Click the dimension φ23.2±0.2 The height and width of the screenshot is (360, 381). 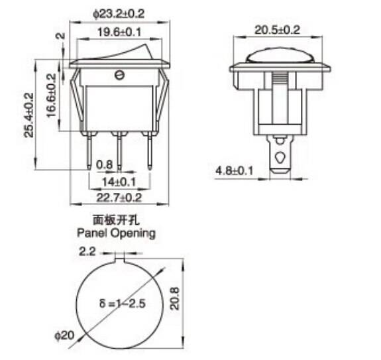click(120, 11)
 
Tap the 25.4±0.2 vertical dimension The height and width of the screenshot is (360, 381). click(28, 114)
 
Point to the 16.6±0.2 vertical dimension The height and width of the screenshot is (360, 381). click(52, 96)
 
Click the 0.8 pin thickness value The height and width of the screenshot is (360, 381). click(104, 164)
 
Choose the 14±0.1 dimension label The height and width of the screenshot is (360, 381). click(119, 180)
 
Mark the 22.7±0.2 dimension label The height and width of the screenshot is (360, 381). click(119, 197)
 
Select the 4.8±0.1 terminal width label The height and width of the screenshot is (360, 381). click(235, 171)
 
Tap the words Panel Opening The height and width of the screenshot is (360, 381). click(116, 233)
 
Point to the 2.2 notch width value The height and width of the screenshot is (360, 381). click(88, 251)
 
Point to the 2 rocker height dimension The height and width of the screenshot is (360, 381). click(60, 37)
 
